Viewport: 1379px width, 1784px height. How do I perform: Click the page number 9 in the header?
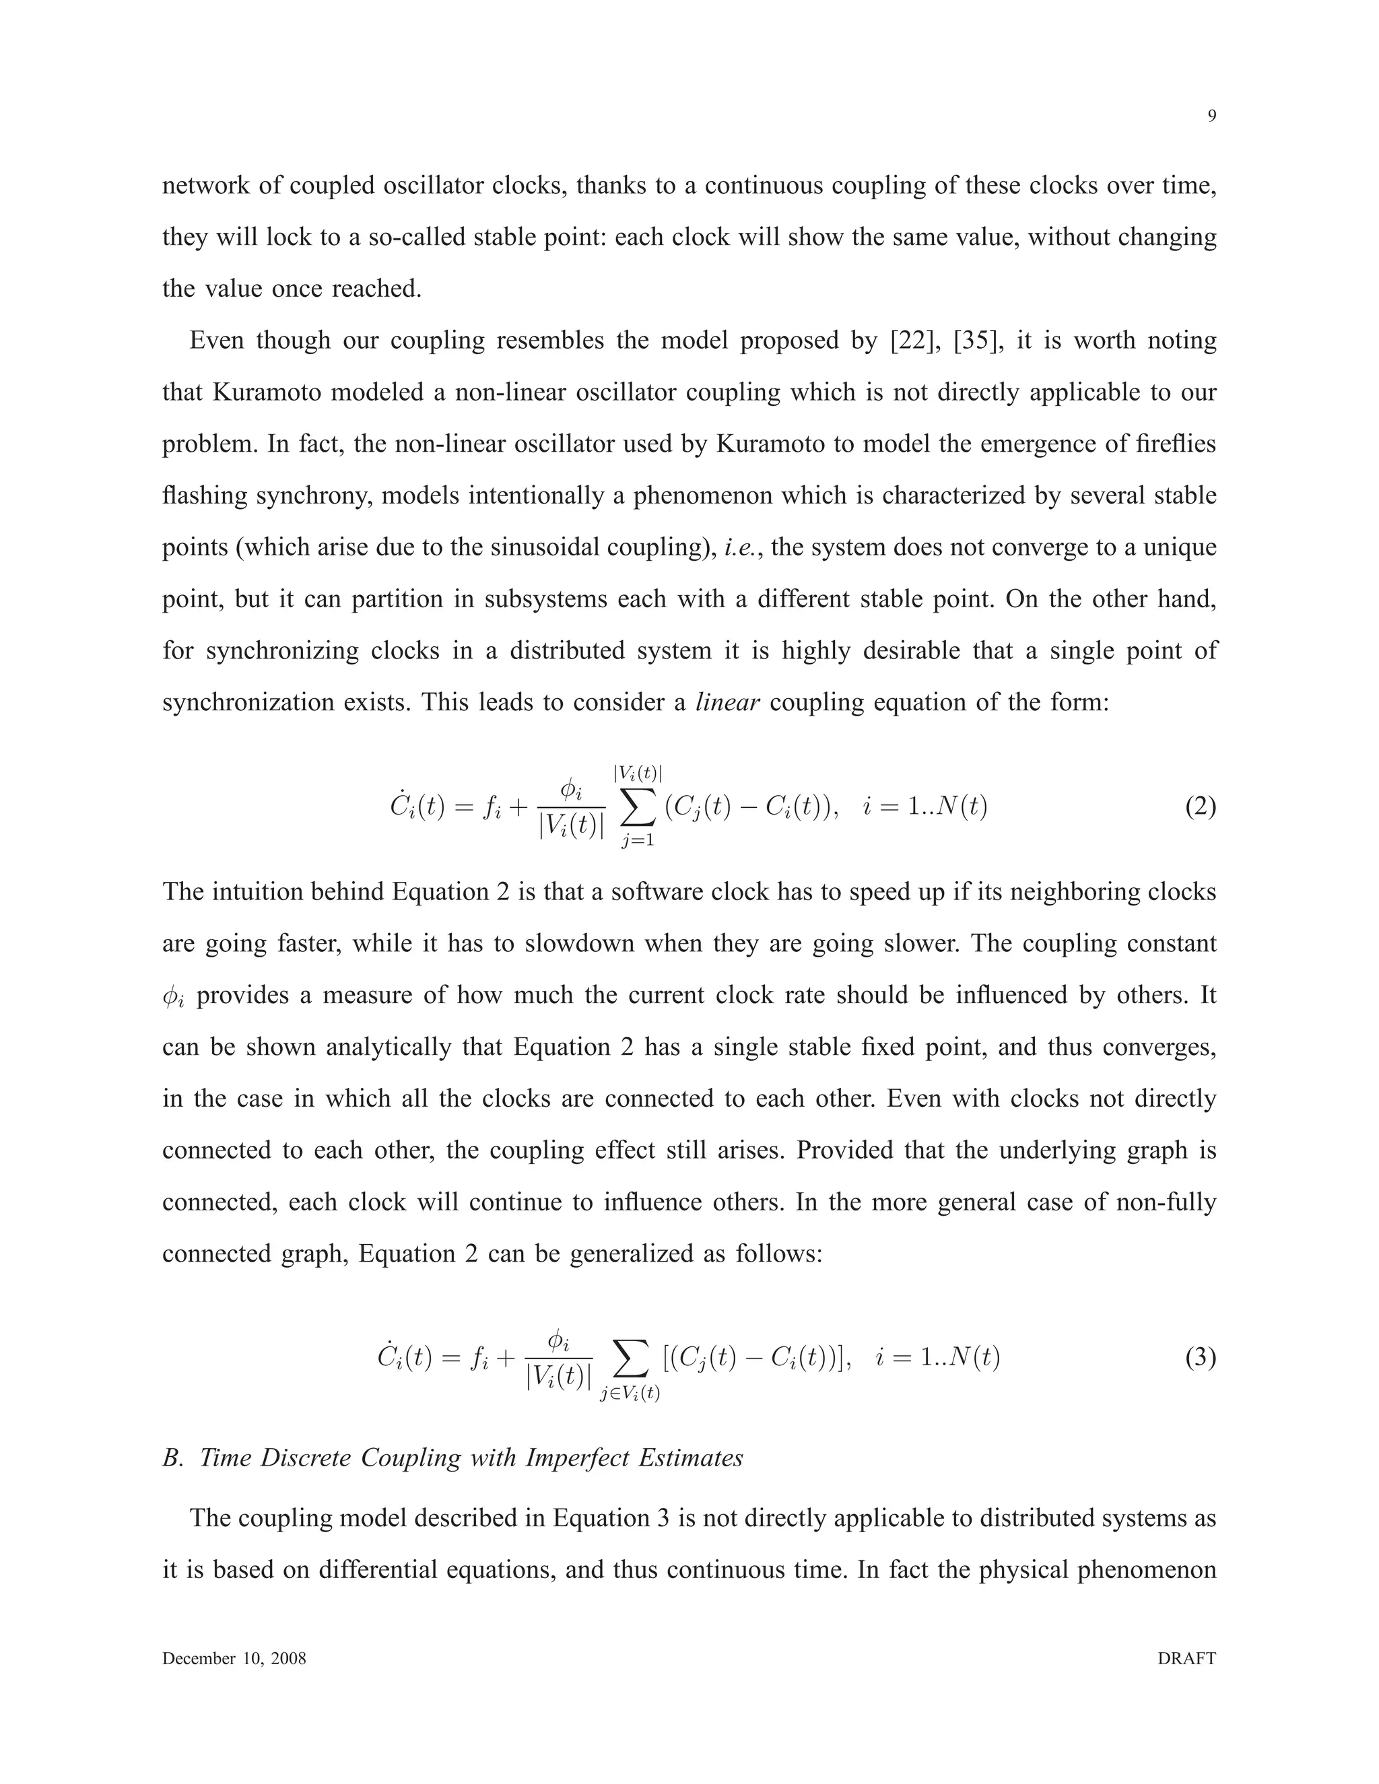point(1211,116)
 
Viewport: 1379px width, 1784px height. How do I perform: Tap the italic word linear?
point(728,702)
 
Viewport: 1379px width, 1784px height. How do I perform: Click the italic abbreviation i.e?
point(743,547)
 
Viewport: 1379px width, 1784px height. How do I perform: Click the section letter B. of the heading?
point(172,1458)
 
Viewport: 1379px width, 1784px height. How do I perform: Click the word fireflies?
point(1176,444)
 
